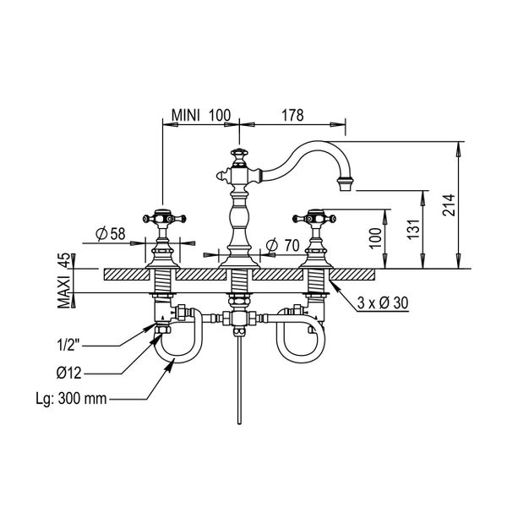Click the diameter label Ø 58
(x=110, y=233)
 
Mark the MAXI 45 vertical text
(x=63, y=281)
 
